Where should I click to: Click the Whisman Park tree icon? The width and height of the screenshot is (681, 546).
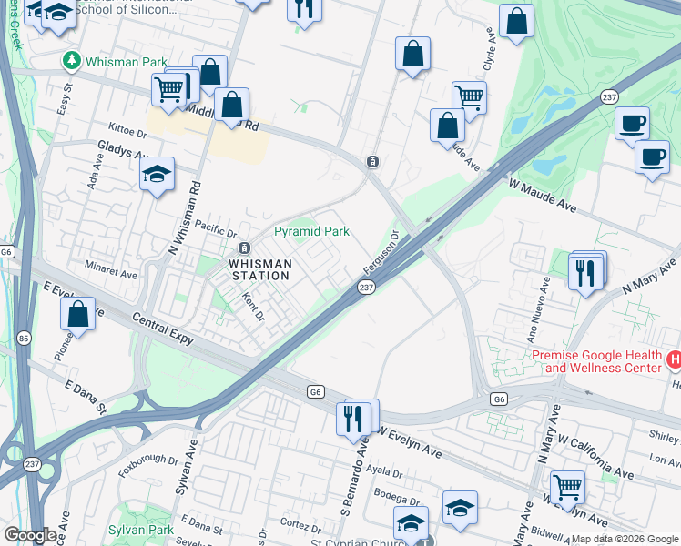coord(72,60)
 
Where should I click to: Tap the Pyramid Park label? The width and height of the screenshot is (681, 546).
coord(312,232)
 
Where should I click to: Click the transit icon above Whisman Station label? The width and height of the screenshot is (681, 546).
coord(244,248)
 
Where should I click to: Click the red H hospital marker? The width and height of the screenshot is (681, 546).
coord(674,360)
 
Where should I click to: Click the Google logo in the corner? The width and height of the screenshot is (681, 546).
coord(29,535)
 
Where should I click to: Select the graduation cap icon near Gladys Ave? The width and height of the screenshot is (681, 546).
coord(157,173)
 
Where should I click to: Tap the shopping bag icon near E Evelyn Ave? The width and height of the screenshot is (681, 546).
coord(78,313)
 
